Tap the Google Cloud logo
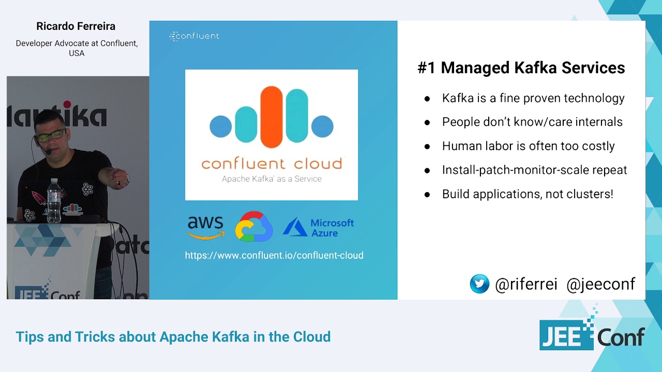coord(254,226)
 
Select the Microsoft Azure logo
coord(319,227)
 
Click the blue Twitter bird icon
coord(479,284)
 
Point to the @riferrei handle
coord(526,284)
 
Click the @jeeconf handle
coord(600,284)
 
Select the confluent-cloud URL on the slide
coord(274,255)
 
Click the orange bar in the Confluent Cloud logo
coord(272,117)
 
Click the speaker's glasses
coord(51,136)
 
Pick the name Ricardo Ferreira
coord(76,26)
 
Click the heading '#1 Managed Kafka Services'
coord(521,68)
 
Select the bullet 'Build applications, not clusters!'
coord(528,194)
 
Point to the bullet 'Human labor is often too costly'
coord(528,146)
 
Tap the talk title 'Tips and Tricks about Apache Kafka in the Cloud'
coord(173,337)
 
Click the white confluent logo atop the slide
coord(194,36)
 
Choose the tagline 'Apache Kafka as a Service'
coord(272,179)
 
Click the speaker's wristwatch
coord(126,180)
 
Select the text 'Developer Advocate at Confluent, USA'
coord(77,48)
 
